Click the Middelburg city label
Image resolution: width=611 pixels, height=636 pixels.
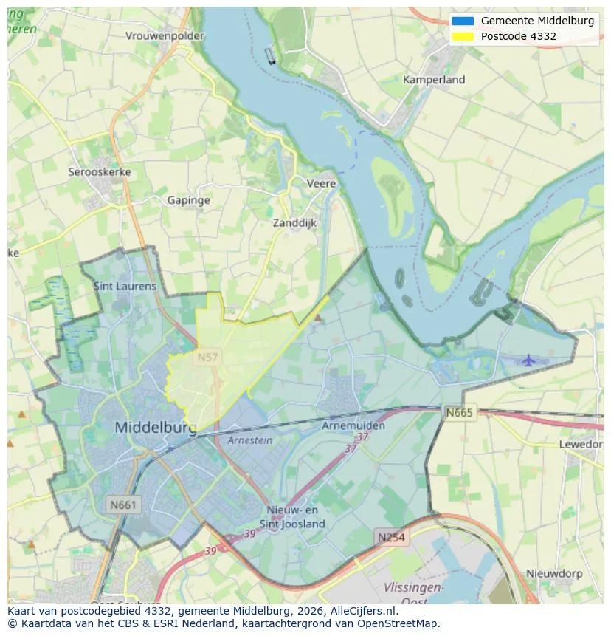[156, 428]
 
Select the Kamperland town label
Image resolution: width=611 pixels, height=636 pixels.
[434, 79]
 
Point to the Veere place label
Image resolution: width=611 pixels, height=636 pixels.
[321, 183]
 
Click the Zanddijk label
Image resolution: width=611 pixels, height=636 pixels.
[294, 222]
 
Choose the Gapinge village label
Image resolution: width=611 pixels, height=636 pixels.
[188, 200]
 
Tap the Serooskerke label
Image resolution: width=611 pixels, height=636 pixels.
[100, 172]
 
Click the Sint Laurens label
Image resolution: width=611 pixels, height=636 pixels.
[125, 286]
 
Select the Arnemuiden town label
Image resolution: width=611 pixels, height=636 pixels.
[353, 426]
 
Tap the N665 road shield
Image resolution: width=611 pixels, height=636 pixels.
[460, 412]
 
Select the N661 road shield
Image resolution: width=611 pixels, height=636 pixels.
[122, 505]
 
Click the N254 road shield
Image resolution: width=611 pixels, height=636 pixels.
[390, 537]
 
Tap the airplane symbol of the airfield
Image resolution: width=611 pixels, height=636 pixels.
[528, 360]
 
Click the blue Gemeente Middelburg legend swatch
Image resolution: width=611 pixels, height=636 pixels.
[463, 21]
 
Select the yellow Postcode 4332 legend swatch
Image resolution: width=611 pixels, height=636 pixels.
[463, 36]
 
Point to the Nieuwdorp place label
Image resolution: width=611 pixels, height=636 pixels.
[553, 573]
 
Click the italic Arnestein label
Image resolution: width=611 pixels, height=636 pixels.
[250, 440]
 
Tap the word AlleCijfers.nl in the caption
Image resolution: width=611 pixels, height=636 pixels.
[362, 611]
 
